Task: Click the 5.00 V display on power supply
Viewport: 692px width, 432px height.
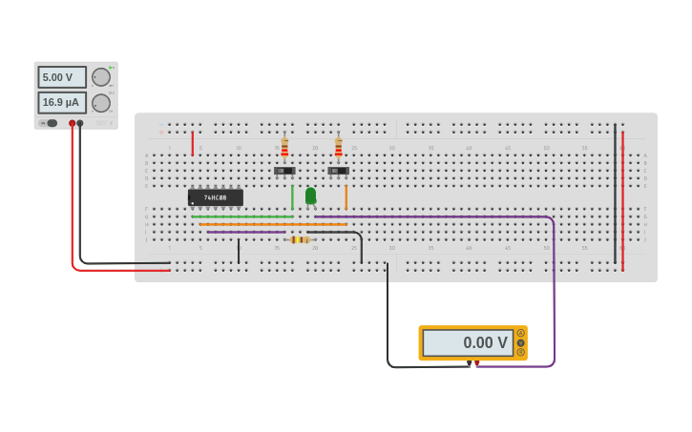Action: click(62, 77)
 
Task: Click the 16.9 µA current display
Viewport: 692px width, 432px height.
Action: click(62, 102)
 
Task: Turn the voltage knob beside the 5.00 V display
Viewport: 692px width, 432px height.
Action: click(100, 77)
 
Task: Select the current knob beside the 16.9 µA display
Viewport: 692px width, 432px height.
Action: click(100, 103)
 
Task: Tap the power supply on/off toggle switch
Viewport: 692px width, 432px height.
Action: click(50, 123)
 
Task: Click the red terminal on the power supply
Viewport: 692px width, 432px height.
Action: click(72, 123)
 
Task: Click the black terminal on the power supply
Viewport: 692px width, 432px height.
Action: click(80, 123)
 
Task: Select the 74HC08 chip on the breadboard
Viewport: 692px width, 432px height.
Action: click(216, 197)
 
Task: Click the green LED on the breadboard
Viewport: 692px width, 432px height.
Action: click(310, 195)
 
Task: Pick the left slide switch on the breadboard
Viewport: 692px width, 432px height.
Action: click(284, 172)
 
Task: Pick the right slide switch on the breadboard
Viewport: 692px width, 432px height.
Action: click(338, 172)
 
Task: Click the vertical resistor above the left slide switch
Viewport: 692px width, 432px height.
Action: click(284, 147)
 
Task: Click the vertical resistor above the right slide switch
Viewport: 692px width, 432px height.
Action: click(338, 147)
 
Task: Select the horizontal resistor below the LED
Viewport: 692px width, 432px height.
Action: click(300, 239)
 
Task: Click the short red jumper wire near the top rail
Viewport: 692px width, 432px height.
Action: click(193, 143)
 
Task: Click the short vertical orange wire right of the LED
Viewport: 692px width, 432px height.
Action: click(346, 196)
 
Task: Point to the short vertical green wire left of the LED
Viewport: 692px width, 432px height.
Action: click(292, 196)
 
